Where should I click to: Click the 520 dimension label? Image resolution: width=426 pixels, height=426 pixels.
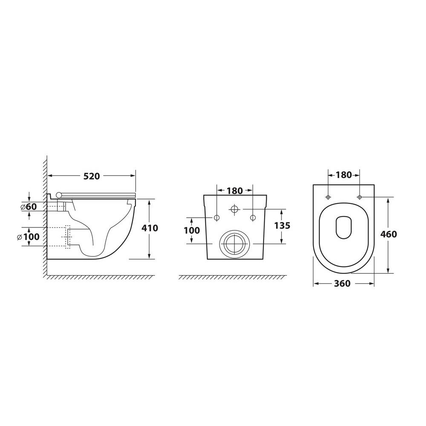(92, 176)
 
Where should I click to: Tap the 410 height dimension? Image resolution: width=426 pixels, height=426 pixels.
(150, 228)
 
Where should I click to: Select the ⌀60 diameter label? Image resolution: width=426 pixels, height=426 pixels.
(29, 207)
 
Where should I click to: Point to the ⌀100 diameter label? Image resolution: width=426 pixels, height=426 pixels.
(28, 236)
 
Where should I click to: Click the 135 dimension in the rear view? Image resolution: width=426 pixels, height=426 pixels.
(282, 225)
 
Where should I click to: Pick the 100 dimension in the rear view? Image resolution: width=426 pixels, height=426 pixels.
(192, 230)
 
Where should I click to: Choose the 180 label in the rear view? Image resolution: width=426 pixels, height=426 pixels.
(235, 191)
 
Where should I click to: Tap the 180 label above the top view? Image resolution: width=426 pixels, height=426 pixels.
(344, 175)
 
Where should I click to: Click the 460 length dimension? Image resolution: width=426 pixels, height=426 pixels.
(389, 234)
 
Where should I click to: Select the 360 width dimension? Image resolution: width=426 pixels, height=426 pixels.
(343, 283)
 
